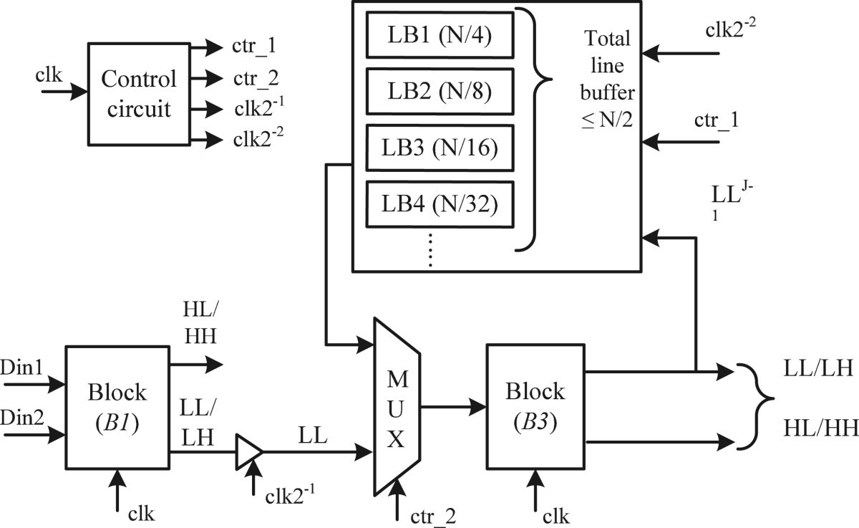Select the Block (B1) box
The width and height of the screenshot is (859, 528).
click(x=117, y=406)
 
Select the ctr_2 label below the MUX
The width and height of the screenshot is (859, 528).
click(x=433, y=514)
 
